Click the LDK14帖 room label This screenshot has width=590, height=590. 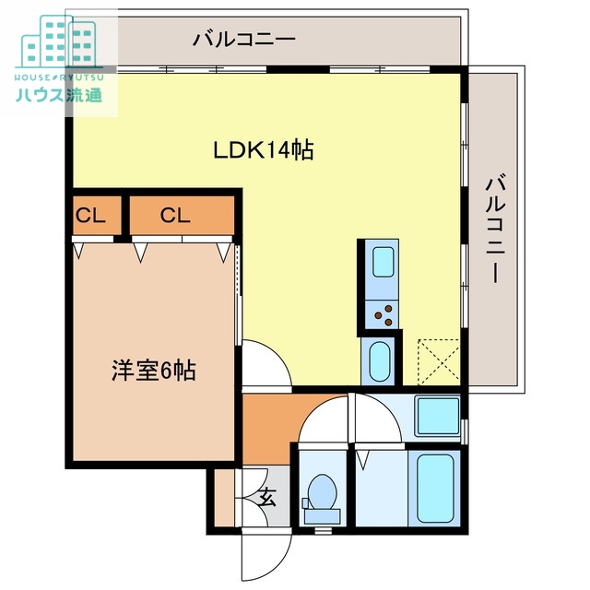coord(264,150)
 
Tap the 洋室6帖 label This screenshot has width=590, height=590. coord(153,372)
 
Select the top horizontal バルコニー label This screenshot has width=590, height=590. coord(243,40)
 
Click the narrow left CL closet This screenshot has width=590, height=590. coord(91,217)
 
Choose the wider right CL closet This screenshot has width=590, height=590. coord(175,217)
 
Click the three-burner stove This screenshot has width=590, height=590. coord(381,314)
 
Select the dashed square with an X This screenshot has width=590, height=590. coord(438,361)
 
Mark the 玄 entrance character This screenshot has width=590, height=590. coord(266,499)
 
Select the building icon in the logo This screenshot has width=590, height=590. coord(59,43)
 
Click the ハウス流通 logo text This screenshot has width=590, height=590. coord(58,94)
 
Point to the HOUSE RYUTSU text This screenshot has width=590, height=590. coord(58,77)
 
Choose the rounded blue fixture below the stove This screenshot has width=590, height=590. coord(379,361)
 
